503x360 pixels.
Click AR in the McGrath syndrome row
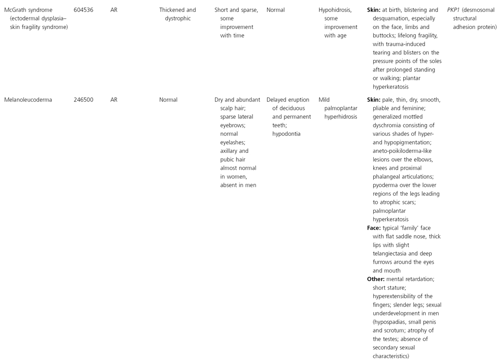(x=114, y=10)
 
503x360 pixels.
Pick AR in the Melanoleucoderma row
(x=114, y=100)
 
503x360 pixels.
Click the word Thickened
(x=174, y=10)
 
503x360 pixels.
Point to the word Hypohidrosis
(x=335, y=10)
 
